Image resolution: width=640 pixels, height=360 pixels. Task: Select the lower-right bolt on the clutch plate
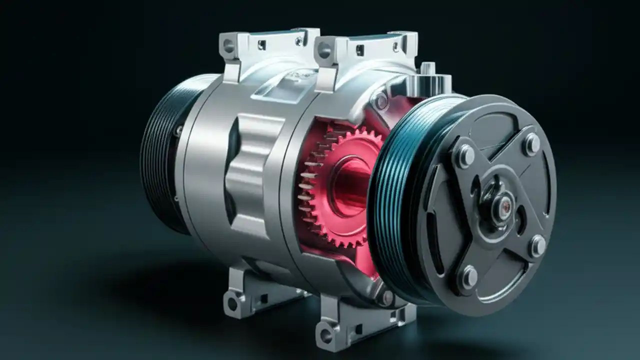(537, 245)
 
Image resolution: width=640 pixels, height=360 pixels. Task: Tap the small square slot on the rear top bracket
(261, 45)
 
